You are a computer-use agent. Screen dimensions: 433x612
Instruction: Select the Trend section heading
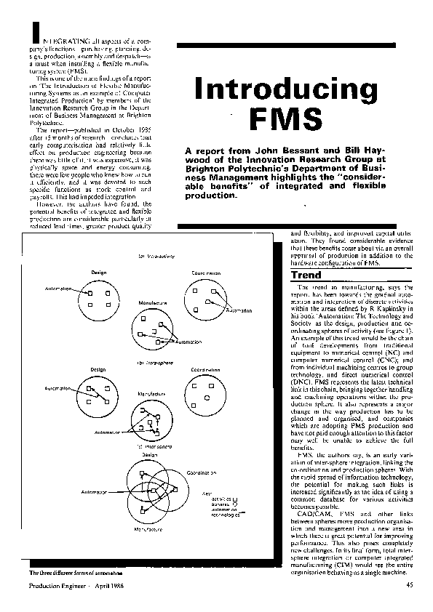click(305, 276)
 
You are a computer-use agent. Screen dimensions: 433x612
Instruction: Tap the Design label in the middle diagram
click(98, 369)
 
